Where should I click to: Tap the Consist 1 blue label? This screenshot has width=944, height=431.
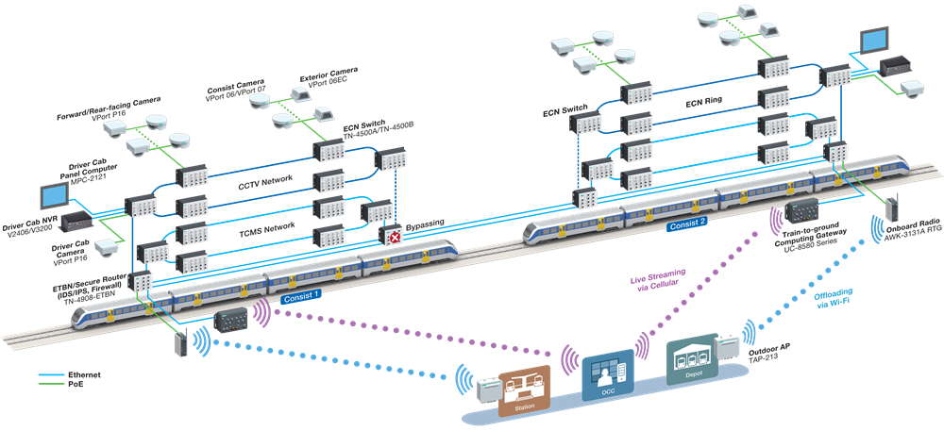coord(300,296)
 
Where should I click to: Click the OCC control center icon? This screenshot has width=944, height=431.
coord(608,375)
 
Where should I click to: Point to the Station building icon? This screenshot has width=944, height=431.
coord(524,390)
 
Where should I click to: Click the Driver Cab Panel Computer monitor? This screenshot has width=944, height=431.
coord(54,196)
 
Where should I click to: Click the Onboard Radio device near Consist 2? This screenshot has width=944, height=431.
coord(891,207)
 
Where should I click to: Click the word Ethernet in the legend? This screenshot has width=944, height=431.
coord(84,374)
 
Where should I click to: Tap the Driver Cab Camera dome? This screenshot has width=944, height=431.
coord(106,247)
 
